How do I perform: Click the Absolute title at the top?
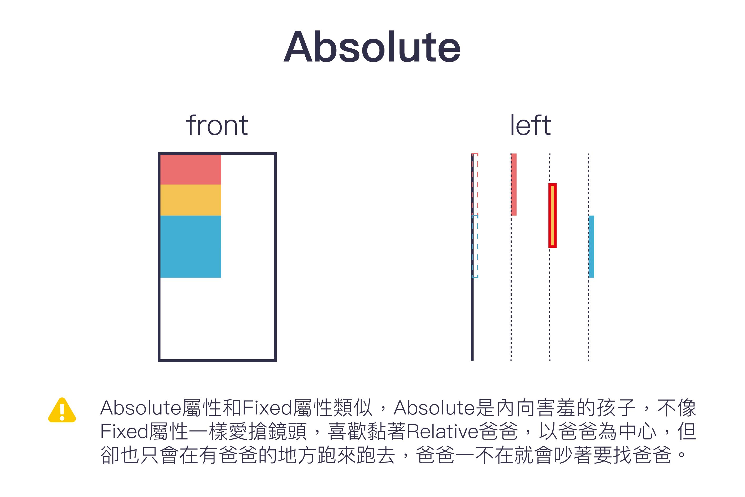pos(372,47)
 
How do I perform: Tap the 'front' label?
pos(217,125)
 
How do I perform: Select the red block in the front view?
pos(191,170)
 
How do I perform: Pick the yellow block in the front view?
pos(191,200)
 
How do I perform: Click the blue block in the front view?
pos(191,247)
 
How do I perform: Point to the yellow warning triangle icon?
pos(62,410)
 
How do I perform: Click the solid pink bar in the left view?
pos(514,185)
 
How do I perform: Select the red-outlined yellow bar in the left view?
pos(553,216)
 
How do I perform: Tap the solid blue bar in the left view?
pos(592,247)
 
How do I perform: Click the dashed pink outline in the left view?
pos(477,185)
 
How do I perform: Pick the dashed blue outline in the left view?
pos(477,247)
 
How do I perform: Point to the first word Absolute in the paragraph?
pos(141,408)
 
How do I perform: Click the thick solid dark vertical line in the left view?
pos(472,257)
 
